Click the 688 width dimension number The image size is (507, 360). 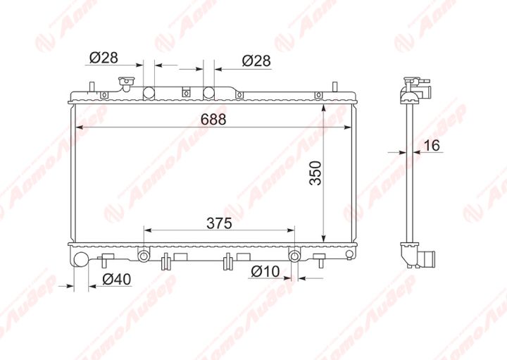[213, 119]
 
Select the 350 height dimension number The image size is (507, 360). [315, 173]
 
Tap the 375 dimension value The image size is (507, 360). [220, 223]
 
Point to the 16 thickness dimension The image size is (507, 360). [432, 145]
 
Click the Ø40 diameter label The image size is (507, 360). [117, 280]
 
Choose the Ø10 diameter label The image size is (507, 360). [265, 271]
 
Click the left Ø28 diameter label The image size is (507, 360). [104, 58]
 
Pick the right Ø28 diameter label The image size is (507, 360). [256, 61]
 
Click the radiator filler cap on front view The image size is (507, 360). [126, 83]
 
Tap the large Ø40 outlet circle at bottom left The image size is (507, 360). [82, 259]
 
